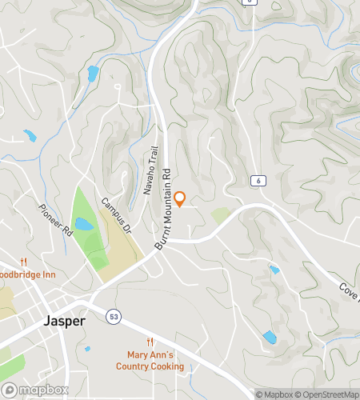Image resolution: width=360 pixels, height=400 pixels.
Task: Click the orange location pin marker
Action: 180,199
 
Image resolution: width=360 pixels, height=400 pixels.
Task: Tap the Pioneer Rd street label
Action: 55,221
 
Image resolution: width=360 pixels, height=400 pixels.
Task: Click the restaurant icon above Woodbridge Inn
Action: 24,262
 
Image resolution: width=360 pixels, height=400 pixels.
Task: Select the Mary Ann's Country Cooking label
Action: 155,361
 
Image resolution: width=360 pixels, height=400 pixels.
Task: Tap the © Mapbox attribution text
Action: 274,394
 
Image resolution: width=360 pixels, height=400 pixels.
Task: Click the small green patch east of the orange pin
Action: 221,215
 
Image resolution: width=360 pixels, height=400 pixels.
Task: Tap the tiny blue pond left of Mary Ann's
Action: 87,349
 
